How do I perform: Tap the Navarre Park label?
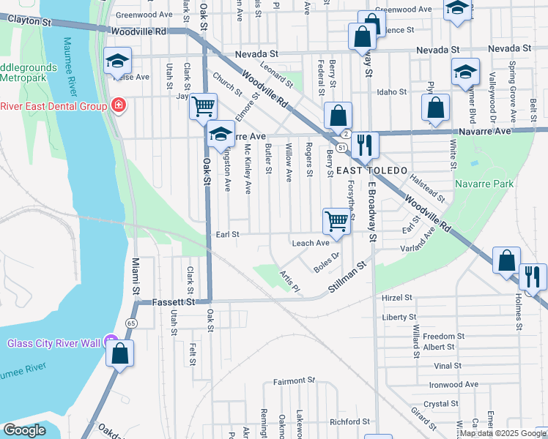pos(484,184)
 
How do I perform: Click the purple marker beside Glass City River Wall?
pos(111,341)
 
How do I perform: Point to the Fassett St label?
pos(174,301)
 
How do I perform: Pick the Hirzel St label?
pos(398,298)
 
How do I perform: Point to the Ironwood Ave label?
pos(453,384)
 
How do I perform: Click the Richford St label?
pos(349,421)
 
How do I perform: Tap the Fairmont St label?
pos(294,381)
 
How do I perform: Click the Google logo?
pos(24,430)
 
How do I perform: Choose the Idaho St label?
pos(391,91)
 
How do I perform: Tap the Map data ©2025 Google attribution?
pos(503,433)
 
